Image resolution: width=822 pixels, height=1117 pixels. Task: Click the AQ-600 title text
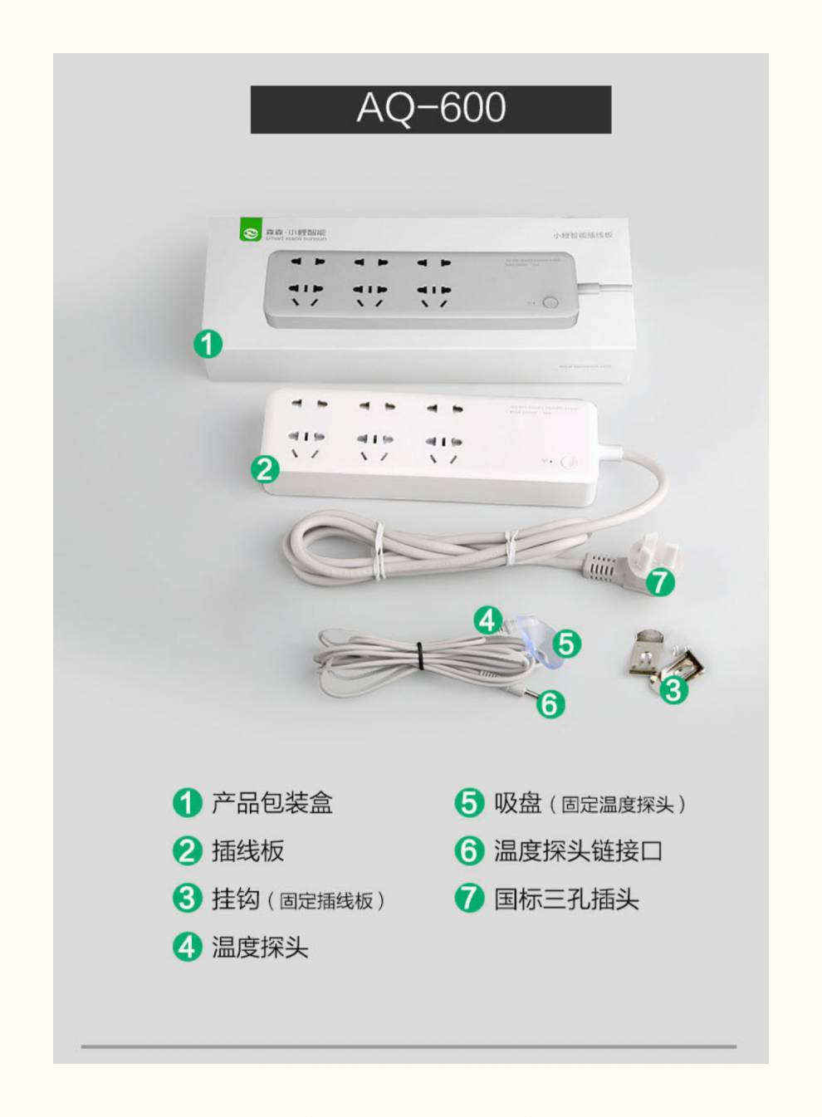pyautogui.click(x=431, y=109)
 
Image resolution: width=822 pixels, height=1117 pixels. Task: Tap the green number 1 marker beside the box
pyautogui.click(x=208, y=343)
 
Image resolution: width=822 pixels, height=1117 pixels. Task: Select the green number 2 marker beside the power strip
pyautogui.click(x=265, y=469)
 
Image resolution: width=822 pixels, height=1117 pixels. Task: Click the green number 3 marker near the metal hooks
pyautogui.click(x=673, y=689)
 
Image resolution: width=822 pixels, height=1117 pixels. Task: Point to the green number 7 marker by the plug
pyautogui.click(x=660, y=581)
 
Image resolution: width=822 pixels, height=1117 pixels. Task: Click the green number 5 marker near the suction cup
pyautogui.click(x=566, y=644)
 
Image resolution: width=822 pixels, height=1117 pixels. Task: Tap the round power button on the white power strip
pyautogui.click(x=569, y=463)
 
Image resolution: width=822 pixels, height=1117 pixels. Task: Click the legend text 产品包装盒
pyautogui.click(x=272, y=803)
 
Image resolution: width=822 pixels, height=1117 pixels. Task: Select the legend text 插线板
pyautogui.click(x=247, y=851)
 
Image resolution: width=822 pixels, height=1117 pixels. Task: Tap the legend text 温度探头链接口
pyautogui.click(x=578, y=851)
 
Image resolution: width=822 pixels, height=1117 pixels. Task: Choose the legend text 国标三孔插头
pyautogui.click(x=566, y=899)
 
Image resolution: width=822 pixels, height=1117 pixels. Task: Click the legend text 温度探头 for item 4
pyautogui.click(x=259, y=948)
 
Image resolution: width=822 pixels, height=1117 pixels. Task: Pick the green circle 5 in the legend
pyautogui.click(x=468, y=803)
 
